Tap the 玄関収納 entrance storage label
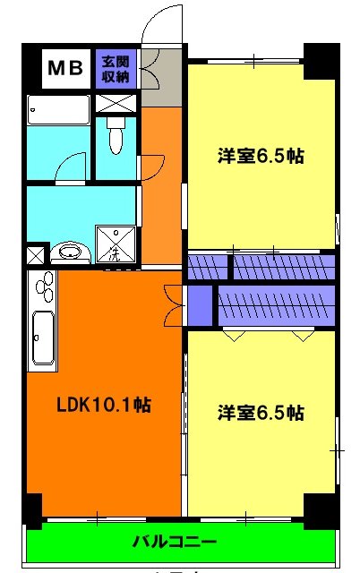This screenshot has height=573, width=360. (x=114, y=68)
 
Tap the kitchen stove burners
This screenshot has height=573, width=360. (x=42, y=288)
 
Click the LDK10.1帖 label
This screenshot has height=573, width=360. (x=104, y=405)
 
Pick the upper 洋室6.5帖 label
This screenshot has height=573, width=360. (x=261, y=156)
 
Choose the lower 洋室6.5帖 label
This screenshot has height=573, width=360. (x=261, y=413)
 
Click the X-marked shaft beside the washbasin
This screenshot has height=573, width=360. (x=35, y=254)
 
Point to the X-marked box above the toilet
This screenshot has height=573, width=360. (x=114, y=101)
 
